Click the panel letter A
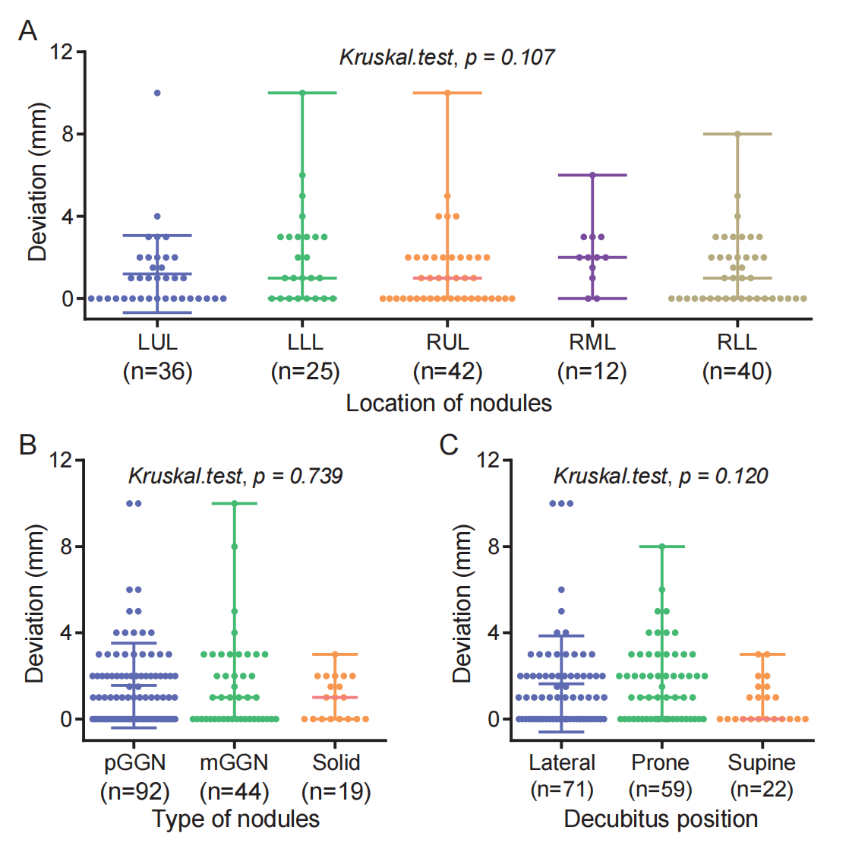(28, 31)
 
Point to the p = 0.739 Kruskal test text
(235, 477)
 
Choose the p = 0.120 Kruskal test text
(661, 477)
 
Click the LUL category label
(157, 342)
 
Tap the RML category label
(592, 342)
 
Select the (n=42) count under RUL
(447, 372)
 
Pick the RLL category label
(737, 342)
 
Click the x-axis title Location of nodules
(449, 403)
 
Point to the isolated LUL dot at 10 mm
(157, 93)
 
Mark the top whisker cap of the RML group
(592, 175)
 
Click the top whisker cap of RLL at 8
(737, 134)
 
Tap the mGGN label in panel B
(234, 762)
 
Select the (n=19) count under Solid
(336, 792)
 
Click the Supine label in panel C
(762, 762)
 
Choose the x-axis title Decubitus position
(661, 819)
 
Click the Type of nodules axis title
(235, 819)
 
